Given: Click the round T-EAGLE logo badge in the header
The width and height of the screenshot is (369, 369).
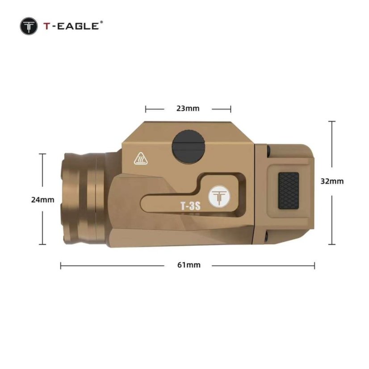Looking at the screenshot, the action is [29, 26].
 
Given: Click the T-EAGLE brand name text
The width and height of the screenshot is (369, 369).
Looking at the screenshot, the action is [71, 26].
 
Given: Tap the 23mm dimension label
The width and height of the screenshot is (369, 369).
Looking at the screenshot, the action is [188, 109].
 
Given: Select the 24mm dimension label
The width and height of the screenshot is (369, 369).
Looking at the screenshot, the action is [42, 200].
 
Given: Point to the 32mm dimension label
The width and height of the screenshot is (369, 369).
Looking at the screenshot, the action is [332, 181].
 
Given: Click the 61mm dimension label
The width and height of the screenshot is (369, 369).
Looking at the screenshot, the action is [189, 265].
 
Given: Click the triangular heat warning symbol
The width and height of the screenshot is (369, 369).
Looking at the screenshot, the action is [141, 159].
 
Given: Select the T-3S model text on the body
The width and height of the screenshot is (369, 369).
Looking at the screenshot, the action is [190, 206].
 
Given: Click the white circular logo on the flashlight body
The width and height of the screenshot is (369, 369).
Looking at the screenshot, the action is [219, 197].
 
